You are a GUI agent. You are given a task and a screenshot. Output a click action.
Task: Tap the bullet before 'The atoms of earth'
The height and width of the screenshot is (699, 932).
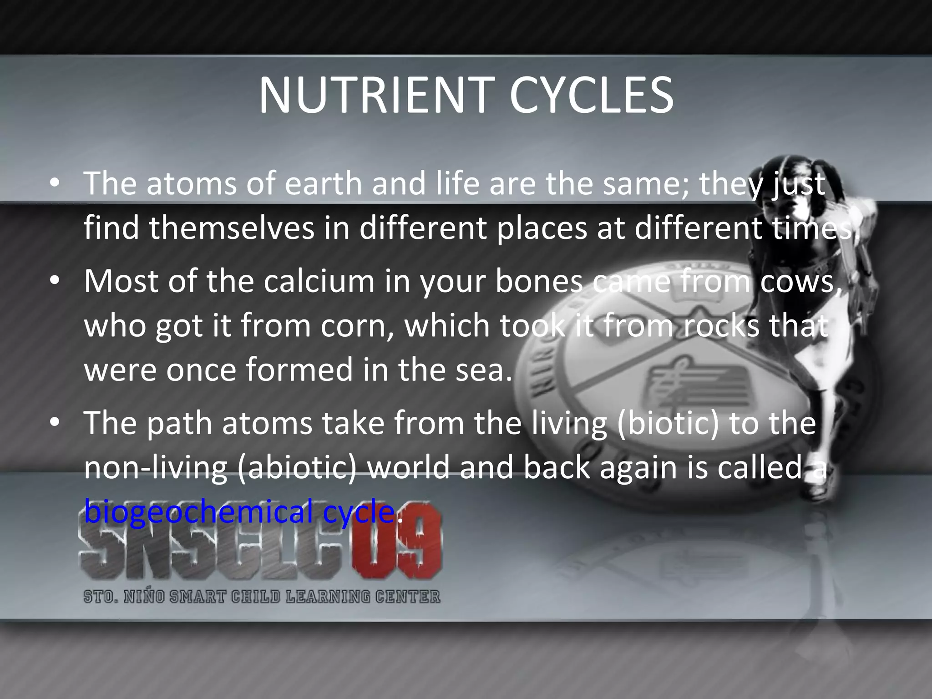[55, 183]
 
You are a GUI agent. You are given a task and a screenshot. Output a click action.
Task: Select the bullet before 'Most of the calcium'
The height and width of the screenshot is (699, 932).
[55, 281]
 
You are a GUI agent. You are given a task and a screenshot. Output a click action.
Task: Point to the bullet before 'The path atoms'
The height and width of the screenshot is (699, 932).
[55, 423]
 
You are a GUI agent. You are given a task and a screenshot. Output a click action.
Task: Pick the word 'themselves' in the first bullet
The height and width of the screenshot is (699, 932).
[232, 228]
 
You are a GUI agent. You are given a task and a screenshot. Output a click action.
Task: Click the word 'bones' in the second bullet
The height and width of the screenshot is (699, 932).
[539, 281]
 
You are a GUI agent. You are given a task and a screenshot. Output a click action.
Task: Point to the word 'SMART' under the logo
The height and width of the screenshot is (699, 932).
[197, 597]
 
